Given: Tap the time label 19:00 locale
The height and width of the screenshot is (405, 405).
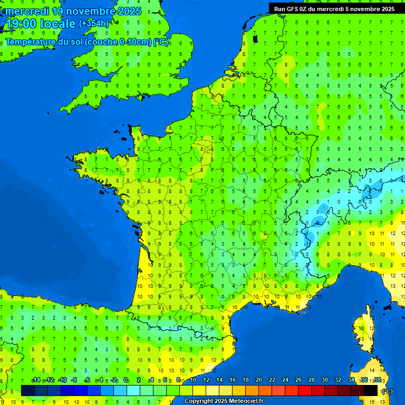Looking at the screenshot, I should (41, 24).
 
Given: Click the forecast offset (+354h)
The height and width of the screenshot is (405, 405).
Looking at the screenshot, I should (94, 23).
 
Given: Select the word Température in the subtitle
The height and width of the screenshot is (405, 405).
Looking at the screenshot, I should (37, 42).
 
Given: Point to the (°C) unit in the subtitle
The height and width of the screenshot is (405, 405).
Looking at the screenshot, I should (161, 42).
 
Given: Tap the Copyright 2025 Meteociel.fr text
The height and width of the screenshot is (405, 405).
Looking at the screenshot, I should (224, 401).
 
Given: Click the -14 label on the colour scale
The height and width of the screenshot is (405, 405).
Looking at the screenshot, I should (36, 380).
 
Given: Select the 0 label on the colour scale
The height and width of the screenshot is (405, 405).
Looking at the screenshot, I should (126, 380).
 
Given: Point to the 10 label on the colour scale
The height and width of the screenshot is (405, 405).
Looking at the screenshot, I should (192, 380).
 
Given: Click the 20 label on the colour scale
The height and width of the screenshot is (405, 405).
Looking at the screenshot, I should (258, 380).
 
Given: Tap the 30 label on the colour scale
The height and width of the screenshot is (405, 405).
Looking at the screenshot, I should (324, 380).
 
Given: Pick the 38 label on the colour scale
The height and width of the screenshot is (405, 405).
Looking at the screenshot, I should (377, 380).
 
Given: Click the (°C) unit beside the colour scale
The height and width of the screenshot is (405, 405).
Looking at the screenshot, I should (387, 391).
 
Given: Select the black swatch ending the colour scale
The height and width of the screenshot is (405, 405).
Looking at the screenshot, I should (371, 390).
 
